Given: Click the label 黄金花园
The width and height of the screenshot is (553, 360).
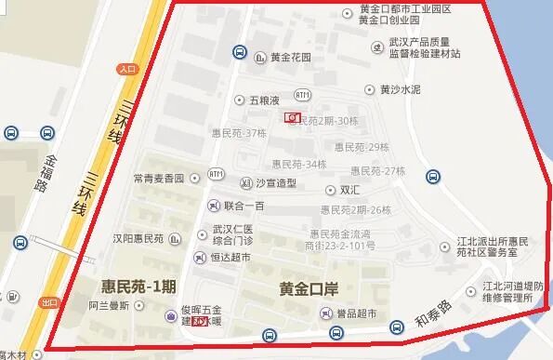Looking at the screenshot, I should pos(291,57).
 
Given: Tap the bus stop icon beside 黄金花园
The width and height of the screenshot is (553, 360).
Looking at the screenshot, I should pos(240,53).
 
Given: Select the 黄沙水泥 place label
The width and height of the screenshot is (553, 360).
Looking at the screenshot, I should pos(400,90).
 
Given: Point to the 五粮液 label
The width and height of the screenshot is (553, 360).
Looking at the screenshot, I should pos(264,99).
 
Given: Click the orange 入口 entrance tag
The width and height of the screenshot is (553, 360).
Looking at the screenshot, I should pos(127,69).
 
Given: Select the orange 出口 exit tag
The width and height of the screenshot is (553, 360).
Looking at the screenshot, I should pos(49,302).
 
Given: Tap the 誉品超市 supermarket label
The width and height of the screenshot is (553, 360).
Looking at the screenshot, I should pos(356,314).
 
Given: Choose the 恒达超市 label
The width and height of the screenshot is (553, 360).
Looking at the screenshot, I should pos(230,257).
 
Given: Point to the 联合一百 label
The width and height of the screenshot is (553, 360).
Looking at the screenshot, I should pos(244,205).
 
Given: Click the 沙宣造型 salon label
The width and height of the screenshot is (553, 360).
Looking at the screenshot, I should pos(277,182).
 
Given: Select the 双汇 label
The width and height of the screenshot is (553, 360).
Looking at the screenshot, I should pos(350,190).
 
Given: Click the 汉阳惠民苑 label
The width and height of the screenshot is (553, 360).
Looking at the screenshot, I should pos(138,237).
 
